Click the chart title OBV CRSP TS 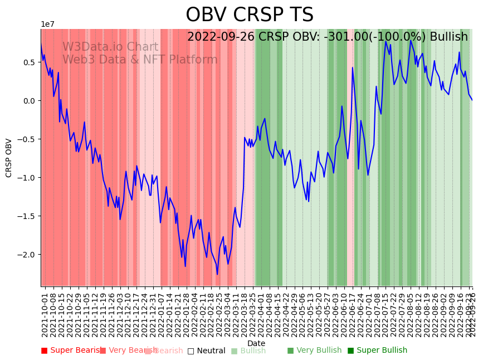click(249, 15)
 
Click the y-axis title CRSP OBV click(9, 158)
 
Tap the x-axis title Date click(256, 343)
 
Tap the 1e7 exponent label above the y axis click(47, 24)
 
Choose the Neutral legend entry click(207, 351)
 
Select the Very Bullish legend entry click(315, 351)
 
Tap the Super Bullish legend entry click(378, 351)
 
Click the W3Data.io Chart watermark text click(110, 47)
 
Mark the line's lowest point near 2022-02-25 click(217, 274)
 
